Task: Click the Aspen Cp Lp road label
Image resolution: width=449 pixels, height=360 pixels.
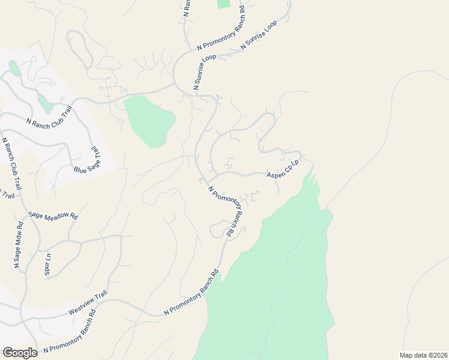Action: click(283, 169)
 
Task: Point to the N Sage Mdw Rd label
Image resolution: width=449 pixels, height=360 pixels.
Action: click(18, 245)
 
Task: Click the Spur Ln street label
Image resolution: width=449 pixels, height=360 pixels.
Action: click(47, 264)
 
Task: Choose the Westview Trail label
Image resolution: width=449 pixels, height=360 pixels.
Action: click(88, 302)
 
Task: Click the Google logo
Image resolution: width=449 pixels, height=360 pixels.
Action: click(20, 353)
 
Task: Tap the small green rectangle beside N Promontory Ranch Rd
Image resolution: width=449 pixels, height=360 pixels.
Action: click(223, 4)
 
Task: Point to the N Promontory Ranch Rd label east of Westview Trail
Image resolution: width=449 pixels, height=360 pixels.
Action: click(190, 296)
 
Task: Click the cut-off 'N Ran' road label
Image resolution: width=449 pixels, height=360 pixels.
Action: click(187, 7)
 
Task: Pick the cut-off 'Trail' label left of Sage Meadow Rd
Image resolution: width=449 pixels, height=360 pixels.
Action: click(7, 194)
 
